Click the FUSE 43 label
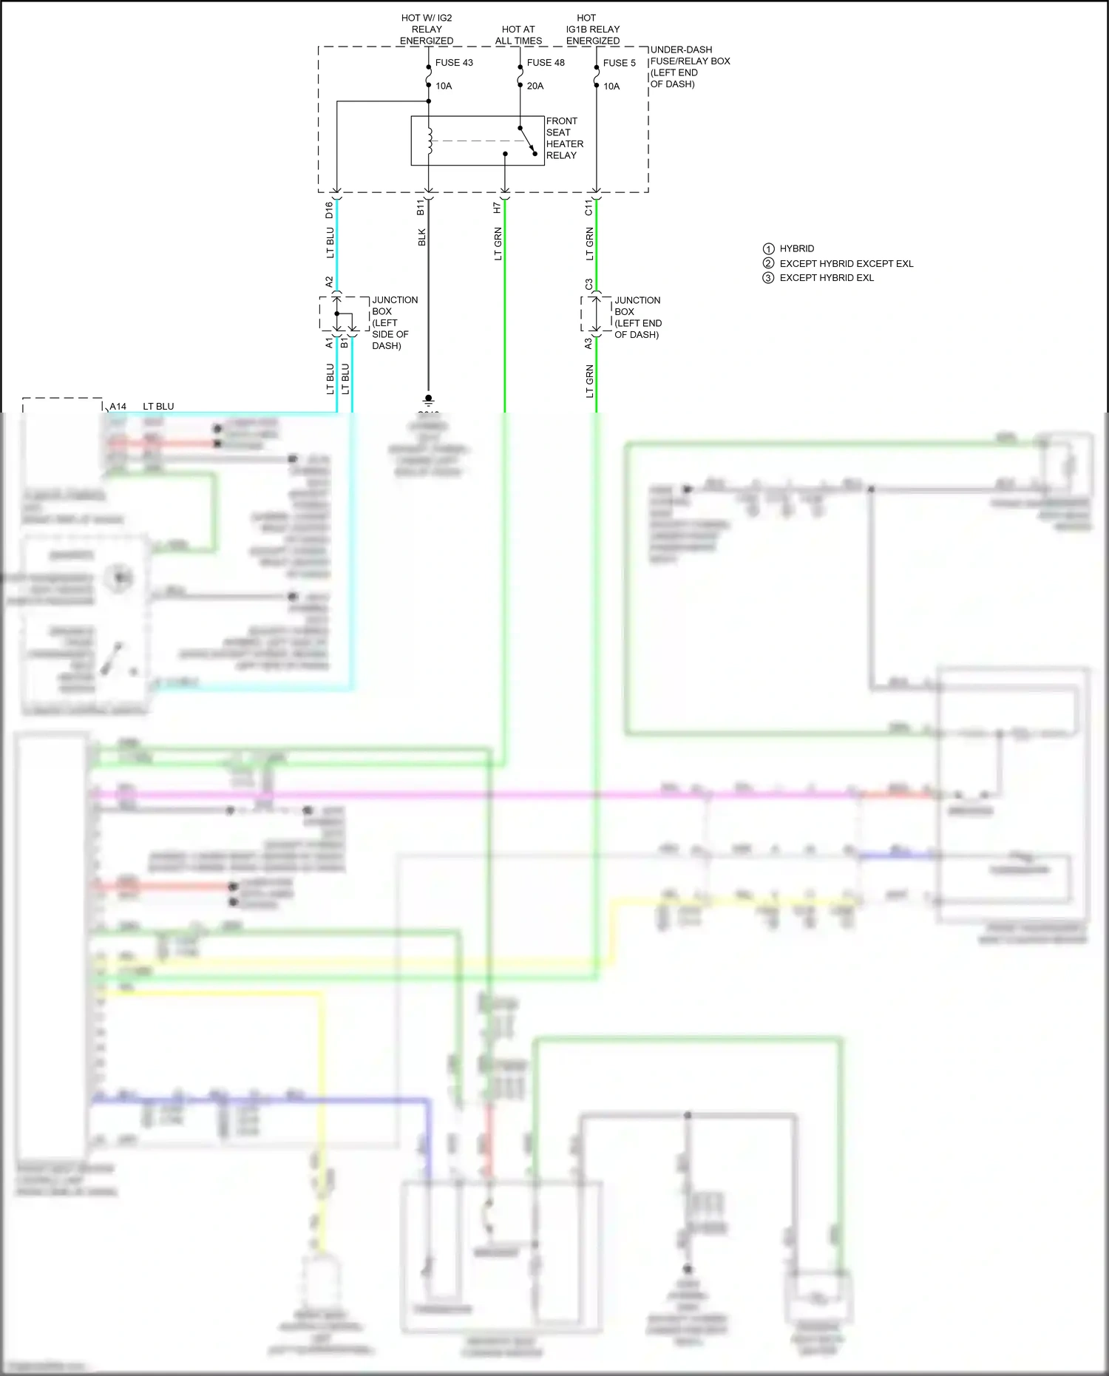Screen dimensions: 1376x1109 click(x=453, y=63)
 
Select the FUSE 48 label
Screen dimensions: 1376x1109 click(x=545, y=63)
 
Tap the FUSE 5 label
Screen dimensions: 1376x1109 click(x=619, y=63)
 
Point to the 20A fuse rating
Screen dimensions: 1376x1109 click(x=535, y=86)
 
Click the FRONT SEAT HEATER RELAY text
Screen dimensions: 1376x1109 click(x=564, y=138)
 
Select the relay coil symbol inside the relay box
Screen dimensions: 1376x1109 click(x=430, y=140)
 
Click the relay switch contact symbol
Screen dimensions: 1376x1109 click(x=528, y=141)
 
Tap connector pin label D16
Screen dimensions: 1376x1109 click(x=330, y=210)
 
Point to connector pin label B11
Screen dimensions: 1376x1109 click(x=421, y=207)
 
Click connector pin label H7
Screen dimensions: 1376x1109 click(x=498, y=209)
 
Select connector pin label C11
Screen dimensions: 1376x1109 click(x=589, y=208)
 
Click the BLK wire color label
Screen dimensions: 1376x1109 click(x=422, y=237)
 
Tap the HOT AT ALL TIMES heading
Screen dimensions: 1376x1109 click(x=518, y=35)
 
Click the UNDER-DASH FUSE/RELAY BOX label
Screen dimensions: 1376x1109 click(x=689, y=67)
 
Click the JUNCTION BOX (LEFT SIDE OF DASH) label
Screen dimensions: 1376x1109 click(x=393, y=322)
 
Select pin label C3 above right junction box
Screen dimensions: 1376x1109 click(x=589, y=284)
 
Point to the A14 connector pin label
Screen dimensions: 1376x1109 click(x=118, y=407)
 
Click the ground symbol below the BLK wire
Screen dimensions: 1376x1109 click(x=428, y=400)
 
